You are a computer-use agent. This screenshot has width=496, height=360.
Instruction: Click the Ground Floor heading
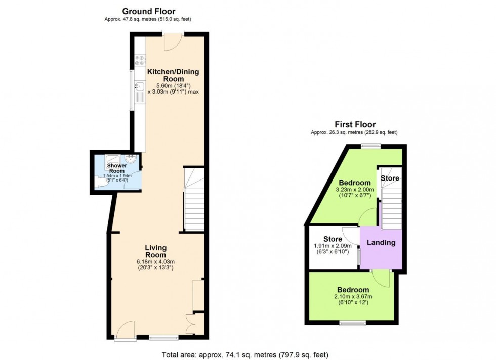pos(148,11)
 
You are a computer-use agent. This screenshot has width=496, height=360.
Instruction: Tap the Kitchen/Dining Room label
pos(174,75)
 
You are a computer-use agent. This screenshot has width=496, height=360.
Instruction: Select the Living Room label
pos(155,251)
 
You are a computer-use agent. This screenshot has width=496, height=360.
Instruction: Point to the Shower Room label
pos(116,168)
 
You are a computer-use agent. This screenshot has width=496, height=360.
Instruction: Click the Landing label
pos(381,243)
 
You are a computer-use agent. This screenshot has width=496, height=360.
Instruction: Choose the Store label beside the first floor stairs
pos(390,178)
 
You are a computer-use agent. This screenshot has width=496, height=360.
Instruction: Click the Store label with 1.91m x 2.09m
pos(333,239)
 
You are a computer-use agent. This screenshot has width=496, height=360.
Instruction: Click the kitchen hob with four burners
pos(140,61)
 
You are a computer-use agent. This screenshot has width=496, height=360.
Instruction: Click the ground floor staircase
pos(193,200)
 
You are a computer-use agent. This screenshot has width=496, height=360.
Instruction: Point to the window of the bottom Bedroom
pos(353,323)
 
